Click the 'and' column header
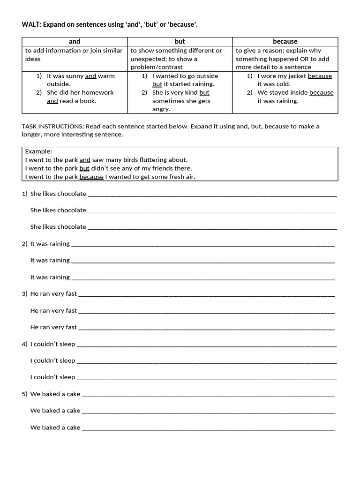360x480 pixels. tap(75, 42)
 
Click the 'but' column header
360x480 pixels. tap(180, 42)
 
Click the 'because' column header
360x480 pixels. tap(285, 42)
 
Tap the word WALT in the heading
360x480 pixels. tap(31, 24)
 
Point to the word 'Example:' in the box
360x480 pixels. tap(38, 151)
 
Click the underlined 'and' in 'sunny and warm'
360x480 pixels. tap(90, 76)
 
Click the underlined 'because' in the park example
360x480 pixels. tap(91, 177)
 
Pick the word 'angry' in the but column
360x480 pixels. tap(161, 109)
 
